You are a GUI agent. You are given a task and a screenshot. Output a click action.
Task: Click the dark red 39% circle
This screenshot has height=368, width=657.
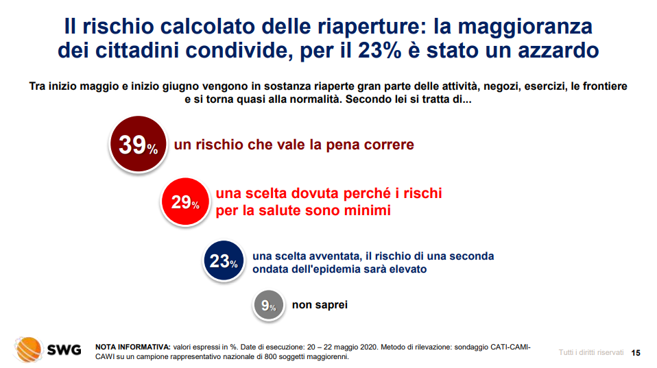click(138, 144)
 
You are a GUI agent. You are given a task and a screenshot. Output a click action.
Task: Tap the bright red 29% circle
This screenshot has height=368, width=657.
click(185, 201)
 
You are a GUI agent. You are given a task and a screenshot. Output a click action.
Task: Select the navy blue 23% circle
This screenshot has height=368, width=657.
click(224, 261)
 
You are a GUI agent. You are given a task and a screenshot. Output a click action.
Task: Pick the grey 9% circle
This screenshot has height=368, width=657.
click(269, 305)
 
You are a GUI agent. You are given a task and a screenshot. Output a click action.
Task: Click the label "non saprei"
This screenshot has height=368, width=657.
click(320, 305)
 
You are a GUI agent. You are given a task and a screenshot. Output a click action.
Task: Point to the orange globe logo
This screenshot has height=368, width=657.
click(29, 349)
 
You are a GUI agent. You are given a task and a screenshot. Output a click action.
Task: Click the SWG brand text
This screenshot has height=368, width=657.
click(64, 349)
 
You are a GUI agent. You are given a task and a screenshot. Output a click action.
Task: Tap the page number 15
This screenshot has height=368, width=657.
click(636, 353)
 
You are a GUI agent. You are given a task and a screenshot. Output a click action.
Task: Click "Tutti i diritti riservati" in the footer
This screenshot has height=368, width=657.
click(590, 352)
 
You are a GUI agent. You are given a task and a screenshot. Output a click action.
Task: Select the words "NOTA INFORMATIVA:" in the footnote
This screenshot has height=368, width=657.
click(133, 347)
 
